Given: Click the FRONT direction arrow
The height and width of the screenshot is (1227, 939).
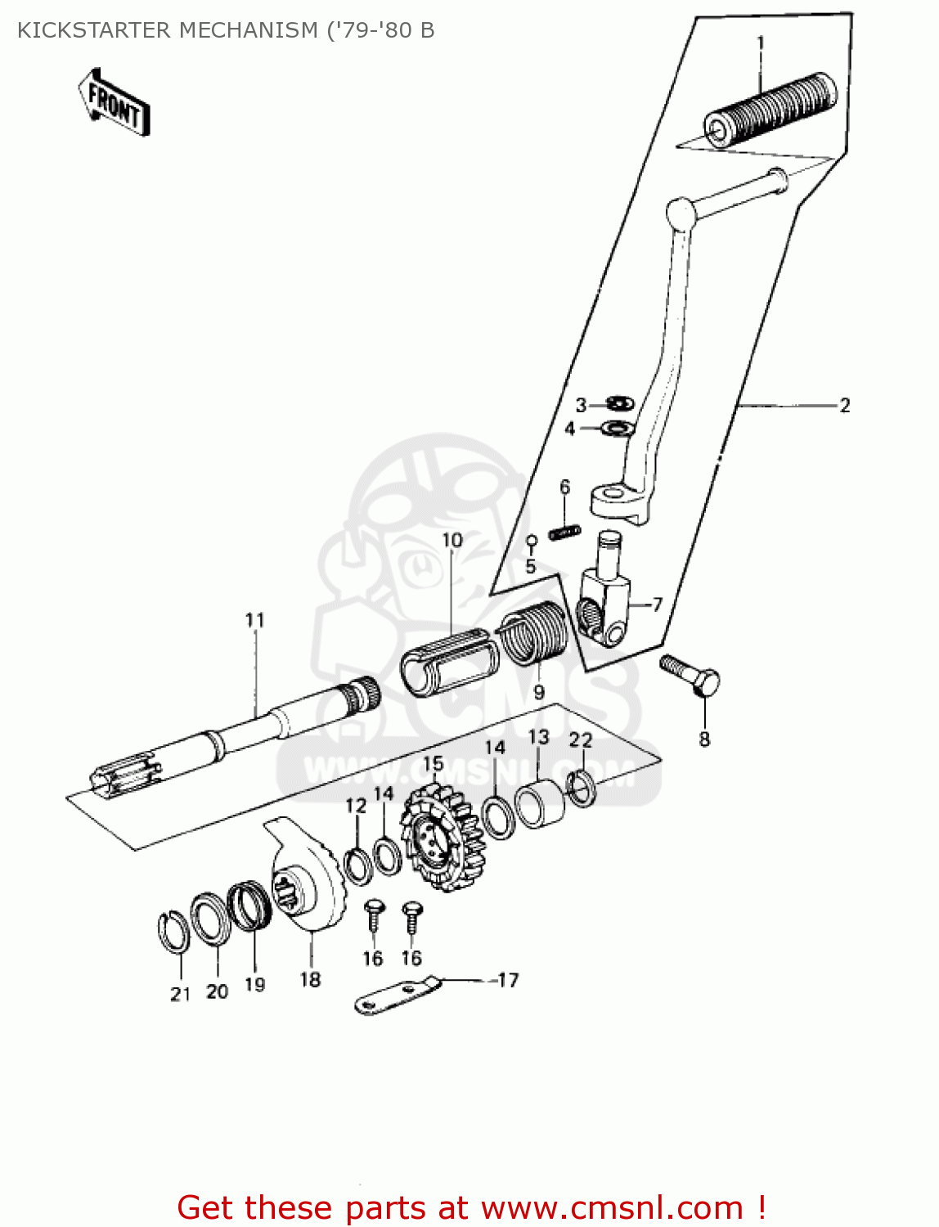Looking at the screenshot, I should coord(115,102).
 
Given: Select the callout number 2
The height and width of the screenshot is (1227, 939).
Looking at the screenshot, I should coord(845,405).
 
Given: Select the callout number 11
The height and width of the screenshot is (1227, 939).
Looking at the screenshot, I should coord(255,620).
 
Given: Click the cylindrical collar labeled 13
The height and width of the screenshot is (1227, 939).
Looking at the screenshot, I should coord(540,802).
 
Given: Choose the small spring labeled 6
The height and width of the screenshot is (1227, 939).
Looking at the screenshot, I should coord(564,532).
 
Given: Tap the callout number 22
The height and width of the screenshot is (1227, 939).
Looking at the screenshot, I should coord(580,740).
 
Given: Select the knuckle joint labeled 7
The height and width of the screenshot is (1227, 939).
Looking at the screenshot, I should coord(606,607).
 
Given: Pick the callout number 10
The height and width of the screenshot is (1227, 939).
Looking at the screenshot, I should coord(452,540).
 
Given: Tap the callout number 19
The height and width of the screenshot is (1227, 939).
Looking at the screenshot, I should coord(255,984).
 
